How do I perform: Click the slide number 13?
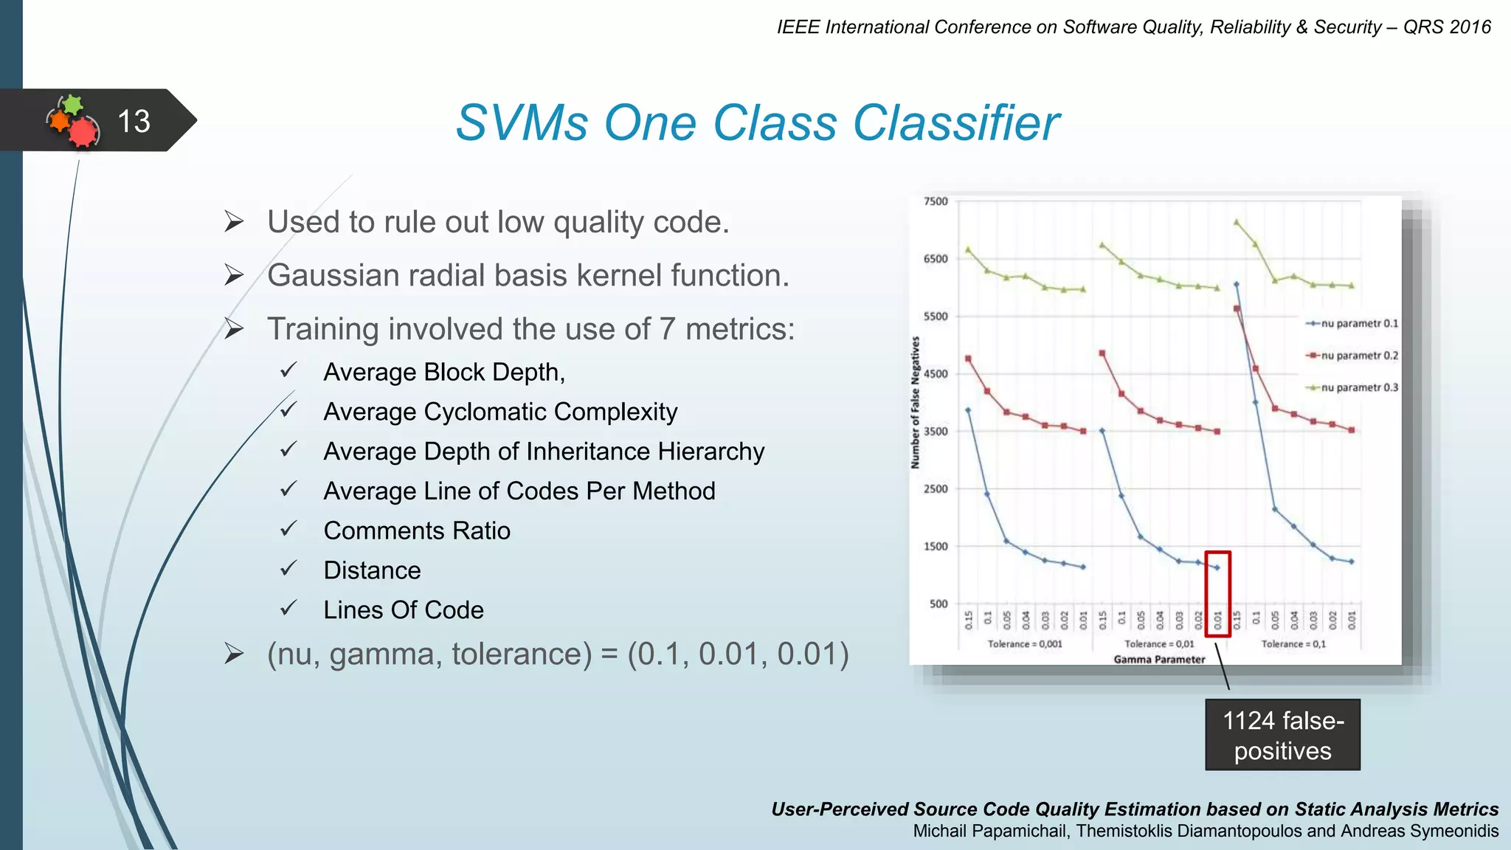pyautogui.click(x=134, y=121)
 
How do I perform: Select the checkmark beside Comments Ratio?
pyautogui.click(x=288, y=529)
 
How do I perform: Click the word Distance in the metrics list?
pyautogui.click(x=372, y=570)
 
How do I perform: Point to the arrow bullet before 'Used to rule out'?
pyautogui.click(x=234, y=221)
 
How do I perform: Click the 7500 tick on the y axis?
pyautogui.click(x=936, y=201)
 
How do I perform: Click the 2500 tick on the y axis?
pyautogui.click(x=936, y=489)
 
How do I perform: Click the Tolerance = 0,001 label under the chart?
pyautogui.click(x=1025, y=644)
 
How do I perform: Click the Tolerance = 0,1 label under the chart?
pyautogui.click(x=1293, y=644)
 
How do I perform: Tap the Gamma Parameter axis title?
pyautogui.click(x=1159, y=660)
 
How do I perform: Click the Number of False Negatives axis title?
pyautogui.click(x=916, y=403)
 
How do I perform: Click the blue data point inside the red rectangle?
pyautogui.click(x=1217, y=567)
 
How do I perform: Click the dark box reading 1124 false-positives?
pyautogui.click(x=1282, y=735)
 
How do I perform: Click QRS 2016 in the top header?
pyautogui.click(x=1446, y=27)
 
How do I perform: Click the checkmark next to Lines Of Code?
pyautogui.click(x=288, y=609)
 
